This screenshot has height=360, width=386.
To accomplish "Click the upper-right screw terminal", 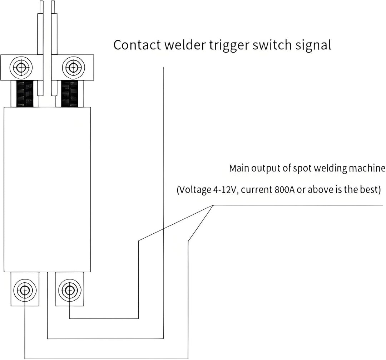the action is point(73,67).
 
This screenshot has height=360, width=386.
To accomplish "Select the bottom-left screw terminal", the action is point(25,289).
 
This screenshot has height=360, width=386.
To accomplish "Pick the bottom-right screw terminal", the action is point(70,289).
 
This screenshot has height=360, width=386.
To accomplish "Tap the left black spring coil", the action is point(25,94).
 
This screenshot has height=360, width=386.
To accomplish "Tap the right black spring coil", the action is point(70,94).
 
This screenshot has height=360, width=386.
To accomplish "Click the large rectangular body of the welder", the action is point(47,189).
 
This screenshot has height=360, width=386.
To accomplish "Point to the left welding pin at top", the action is point(40,48).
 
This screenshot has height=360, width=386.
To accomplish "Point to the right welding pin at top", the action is point(54,48).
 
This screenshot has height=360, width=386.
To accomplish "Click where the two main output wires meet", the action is point(213,205).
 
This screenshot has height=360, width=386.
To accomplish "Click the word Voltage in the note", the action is point(194,190).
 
